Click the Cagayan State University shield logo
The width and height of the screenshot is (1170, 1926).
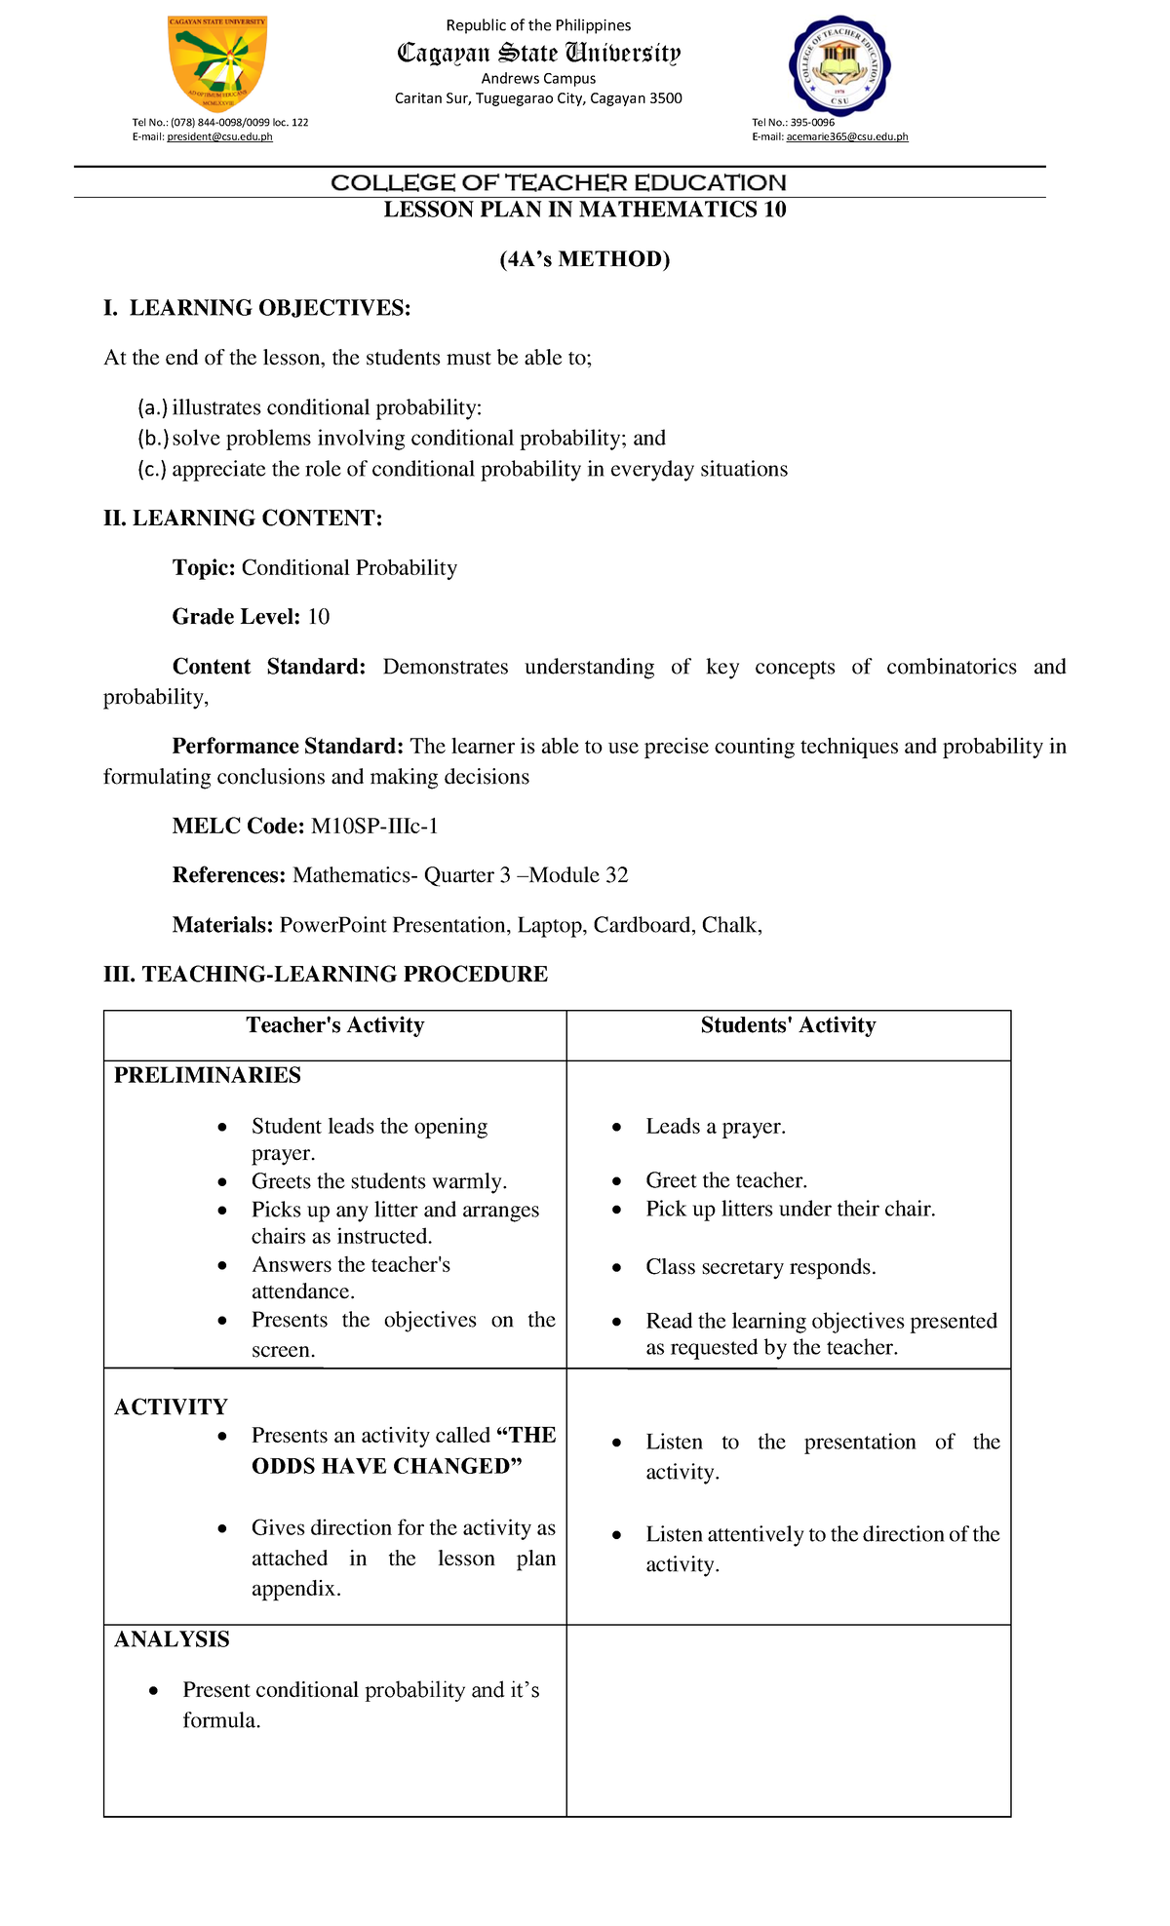tap(217, 63)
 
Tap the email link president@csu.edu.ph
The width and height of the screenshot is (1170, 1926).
tap(219, 137)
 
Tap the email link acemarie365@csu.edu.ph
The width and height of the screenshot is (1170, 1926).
tap(846, 137)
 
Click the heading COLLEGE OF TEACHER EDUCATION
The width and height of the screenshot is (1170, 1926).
tap(558, 183)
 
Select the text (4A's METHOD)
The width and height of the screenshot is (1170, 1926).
tap(584, 259)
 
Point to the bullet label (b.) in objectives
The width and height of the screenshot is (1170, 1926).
tap(153, 439)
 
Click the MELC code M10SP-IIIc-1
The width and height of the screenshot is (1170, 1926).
tap(374, 827)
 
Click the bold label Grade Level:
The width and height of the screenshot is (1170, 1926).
tap(236, 617)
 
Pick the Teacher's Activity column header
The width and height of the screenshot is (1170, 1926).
tap(334, 1025)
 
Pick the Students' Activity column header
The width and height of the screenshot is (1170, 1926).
tap(788, 1025)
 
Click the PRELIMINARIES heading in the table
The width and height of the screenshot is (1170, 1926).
tap(207, 1075)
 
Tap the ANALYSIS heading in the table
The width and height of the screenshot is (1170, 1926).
tap(172, 1639)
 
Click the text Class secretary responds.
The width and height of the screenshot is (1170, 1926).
tap(760, 1267)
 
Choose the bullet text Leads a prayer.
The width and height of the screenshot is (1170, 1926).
tap(715, 1127)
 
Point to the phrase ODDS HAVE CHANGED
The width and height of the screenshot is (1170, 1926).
tap(387, 1466)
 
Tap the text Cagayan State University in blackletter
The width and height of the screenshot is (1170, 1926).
tap(538, 53)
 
